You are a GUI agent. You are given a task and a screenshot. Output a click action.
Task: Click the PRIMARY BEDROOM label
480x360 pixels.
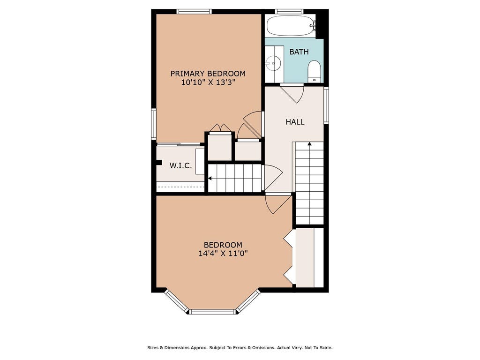pos(208,74)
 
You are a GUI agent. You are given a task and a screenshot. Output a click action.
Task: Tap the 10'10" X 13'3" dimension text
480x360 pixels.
pos(208,82)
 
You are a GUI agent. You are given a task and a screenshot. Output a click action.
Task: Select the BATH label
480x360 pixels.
pos(299,52)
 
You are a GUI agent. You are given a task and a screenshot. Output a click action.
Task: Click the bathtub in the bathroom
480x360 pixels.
pos(290,26)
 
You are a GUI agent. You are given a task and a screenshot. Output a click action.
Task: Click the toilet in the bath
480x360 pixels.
pos(314,71)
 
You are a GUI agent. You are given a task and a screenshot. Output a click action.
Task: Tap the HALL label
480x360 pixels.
pos(295,122)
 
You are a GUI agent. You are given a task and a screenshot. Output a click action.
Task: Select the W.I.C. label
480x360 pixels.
pos(180,166)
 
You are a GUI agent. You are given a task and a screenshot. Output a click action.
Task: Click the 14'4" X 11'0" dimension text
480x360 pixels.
pos(223,254)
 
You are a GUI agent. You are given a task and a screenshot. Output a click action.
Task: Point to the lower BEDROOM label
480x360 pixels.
pos(223,245)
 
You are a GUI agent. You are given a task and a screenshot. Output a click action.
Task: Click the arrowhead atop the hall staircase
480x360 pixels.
pos(309,143)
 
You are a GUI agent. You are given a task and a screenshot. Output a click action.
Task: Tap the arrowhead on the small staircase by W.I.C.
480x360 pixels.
pos(210,178)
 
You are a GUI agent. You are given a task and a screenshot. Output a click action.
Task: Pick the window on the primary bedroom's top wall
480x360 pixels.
pos(194,12)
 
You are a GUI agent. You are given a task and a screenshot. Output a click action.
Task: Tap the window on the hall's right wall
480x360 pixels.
pos(326,105)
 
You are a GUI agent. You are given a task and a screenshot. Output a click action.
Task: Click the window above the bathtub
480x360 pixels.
pos(289,12)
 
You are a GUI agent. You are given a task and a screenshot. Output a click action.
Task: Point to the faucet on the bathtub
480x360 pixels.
pos(312,26)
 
